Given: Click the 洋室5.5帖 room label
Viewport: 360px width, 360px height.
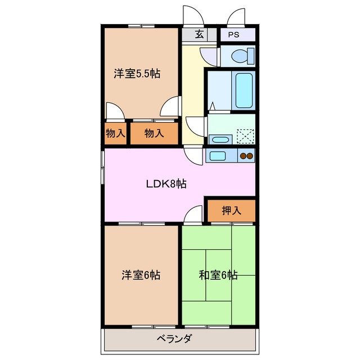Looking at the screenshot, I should pos(137,73).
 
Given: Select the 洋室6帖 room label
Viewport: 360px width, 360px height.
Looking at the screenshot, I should pos(141,275).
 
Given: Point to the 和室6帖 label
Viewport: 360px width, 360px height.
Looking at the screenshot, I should pos(218,275).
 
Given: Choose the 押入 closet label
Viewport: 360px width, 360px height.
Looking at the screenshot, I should pos(231,210).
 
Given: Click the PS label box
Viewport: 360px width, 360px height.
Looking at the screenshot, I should pos(233,34).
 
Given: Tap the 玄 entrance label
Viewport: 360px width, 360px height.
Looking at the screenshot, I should pos(199,34).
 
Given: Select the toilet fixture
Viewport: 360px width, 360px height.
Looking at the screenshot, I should pos(241,55).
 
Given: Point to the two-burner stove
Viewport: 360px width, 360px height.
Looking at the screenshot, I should pos(246,156).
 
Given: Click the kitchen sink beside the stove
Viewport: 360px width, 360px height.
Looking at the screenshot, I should pos(218,155).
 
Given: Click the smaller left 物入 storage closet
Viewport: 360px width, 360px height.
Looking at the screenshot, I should pos(115,134).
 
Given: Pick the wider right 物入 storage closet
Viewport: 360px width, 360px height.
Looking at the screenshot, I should pos(154,134).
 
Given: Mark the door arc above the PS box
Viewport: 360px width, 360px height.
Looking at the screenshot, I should pos(237,17).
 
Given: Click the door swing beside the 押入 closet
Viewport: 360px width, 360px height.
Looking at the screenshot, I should pos(194,214).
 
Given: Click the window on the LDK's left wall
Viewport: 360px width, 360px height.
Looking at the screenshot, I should pos(102,167).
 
